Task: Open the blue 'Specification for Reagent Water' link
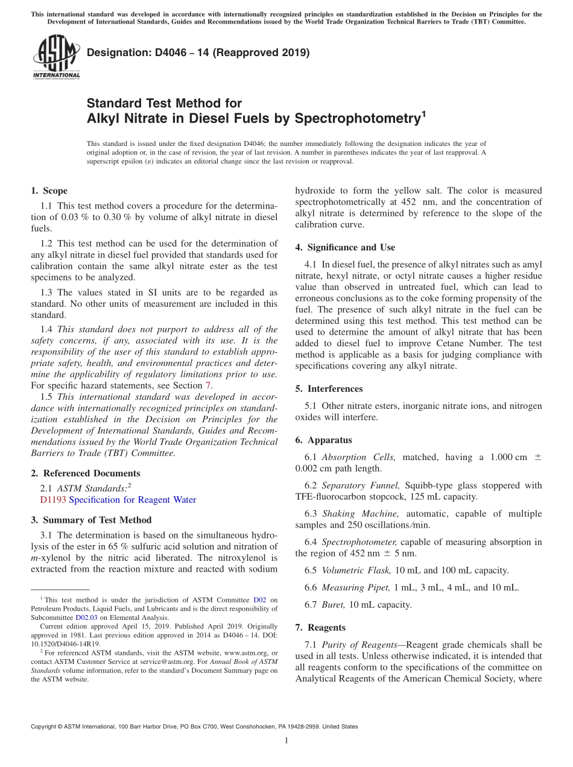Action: tap(133, 500)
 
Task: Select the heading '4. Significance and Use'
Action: tap(345, 247)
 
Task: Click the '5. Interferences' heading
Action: tap(329, 389)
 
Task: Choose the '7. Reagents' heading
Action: tap(320, 628)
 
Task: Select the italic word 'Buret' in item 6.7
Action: tap(332, 605)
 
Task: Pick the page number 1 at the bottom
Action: tap(286, 741)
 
